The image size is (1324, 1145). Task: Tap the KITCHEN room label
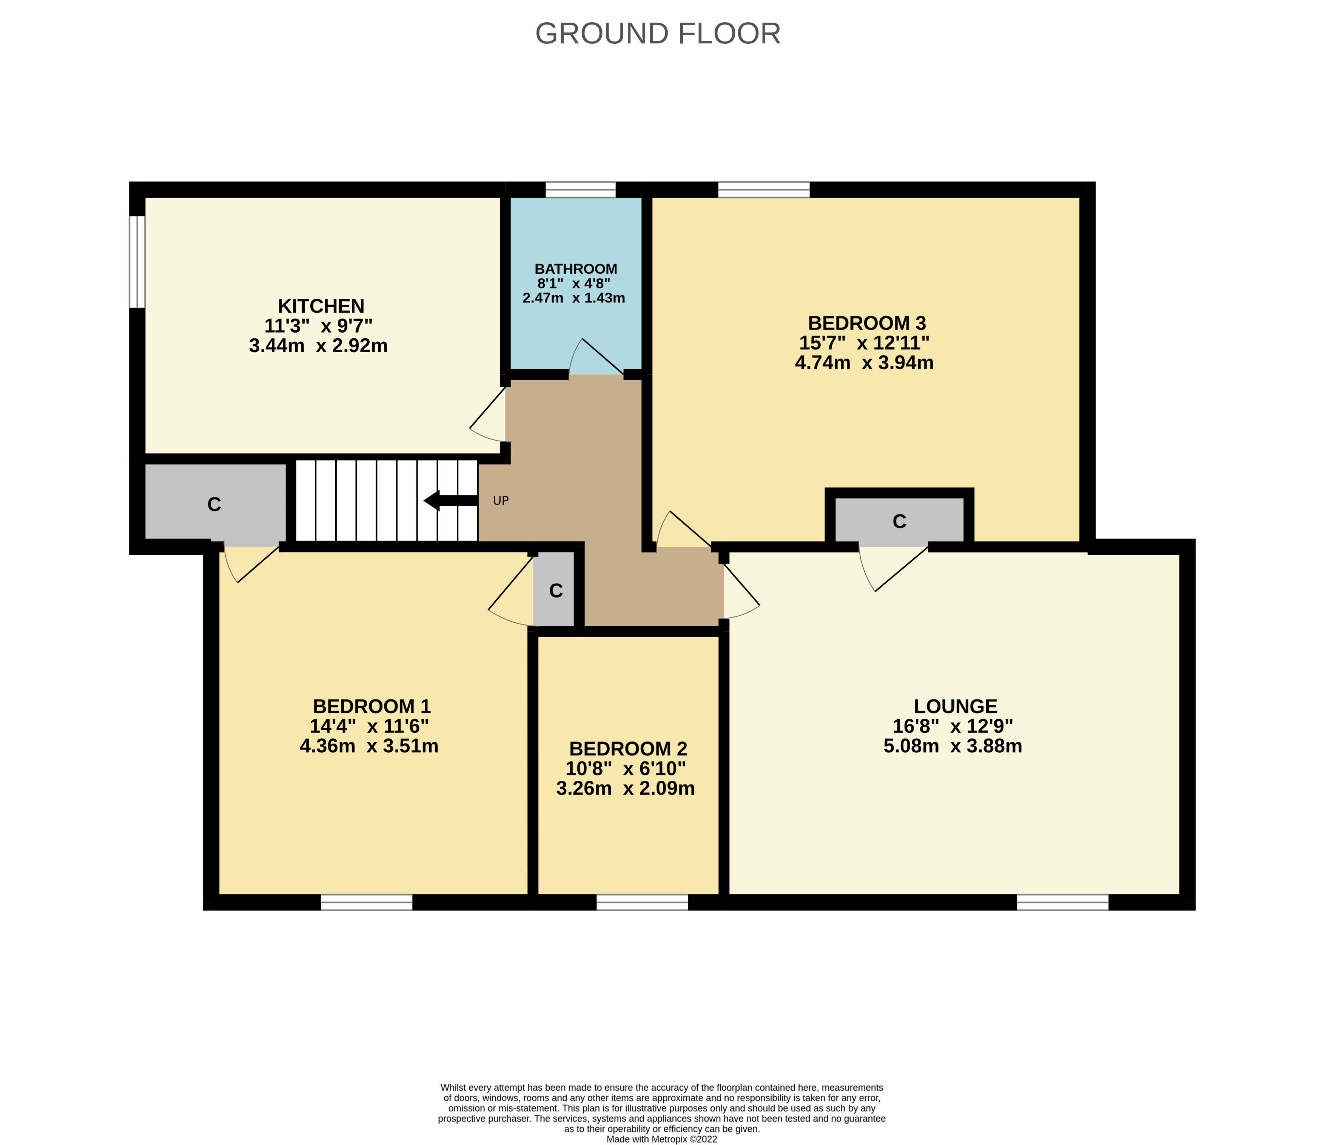pyautogui.click(x=321, y=306)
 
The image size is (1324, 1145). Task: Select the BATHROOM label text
pyautogui.click(x=576, y=269)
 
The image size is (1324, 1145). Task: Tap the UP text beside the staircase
pyautogui.click(x=501, y=501)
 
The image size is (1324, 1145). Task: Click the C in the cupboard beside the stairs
pyautogui.click(x=214, y=505)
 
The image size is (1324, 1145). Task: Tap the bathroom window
pyautogui.click(x=580, y=190)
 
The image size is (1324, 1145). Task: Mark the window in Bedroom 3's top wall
pyautogui.click(x=764, y=190)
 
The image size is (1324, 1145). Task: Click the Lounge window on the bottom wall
pyautogui.click(x=1063, y=902)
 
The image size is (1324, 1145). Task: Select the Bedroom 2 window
pyautogui.click(x=642, y=902)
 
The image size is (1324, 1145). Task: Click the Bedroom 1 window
pyautogui.click(x=367, y=902)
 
